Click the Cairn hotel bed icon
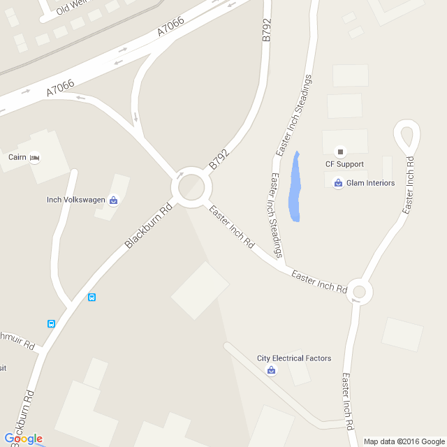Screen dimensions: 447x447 [34, 158]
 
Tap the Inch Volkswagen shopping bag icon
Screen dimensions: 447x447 [113, 200]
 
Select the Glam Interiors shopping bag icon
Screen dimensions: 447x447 [339, 184]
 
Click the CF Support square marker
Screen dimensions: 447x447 [341, 151]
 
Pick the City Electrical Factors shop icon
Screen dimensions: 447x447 [271, 370]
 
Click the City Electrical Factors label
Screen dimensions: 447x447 [294, 358]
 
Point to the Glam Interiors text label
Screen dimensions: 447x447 [370, 184]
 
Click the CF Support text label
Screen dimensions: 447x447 [344, 164]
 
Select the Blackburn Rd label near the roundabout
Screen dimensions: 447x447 [148, 226]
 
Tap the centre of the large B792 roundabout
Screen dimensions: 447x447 [191, 187]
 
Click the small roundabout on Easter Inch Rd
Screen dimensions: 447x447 [359, 292]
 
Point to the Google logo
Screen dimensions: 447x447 [23, 439]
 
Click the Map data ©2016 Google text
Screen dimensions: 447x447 [404, 441]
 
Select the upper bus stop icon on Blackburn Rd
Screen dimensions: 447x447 [91, 298]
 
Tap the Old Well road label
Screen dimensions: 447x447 [71, 7]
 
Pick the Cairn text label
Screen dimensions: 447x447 [17, 158]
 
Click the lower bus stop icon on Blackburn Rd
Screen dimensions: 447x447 [51, 323]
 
